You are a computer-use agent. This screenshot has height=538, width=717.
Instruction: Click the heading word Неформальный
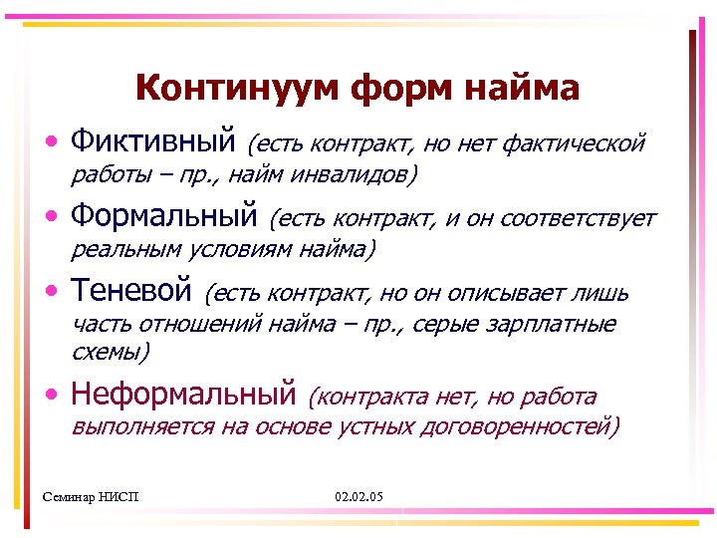(184, 395)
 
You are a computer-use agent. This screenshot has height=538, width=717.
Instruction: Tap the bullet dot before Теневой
(52, 292)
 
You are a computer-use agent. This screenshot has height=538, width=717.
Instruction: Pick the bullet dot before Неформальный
(52, 397)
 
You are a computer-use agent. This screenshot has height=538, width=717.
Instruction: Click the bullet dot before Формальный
(52, 218)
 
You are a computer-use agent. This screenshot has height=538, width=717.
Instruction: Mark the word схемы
(110, 352)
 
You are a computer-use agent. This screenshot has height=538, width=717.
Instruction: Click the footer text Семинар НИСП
(93, 496)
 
